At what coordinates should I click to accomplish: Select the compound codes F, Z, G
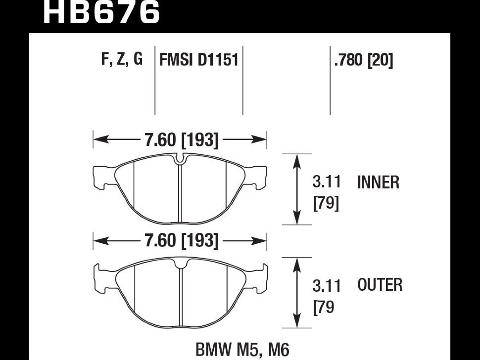point(122,59)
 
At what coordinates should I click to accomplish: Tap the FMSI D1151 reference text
point(199,60)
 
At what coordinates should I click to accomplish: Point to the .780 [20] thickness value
point(364,60)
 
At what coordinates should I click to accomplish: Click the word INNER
point(378,183)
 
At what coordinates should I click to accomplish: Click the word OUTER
point(380,285)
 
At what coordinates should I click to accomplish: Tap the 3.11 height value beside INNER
point(327,182)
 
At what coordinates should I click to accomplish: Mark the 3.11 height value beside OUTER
point(327,285)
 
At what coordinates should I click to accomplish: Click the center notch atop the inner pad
point(180,159)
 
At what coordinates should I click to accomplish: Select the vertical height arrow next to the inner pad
point(296,189)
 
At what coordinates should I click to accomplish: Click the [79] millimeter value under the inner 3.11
point(327,203)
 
